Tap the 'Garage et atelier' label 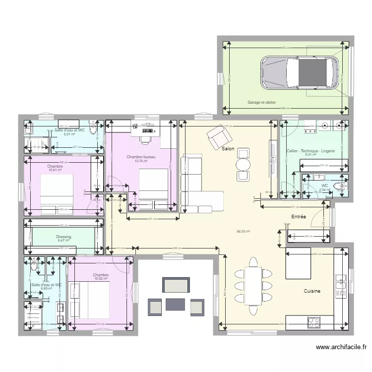pyautogui.click(x=261, y=103)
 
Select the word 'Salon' pyautogui.click(x=228, y=149)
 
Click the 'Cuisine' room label pyautogui.click(x=312, y=291)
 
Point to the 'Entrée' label pyautogui.click(x=298, y=217)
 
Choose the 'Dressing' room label pyautogui.click(x=63, y=237)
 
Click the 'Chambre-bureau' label pyautogui.click(x=141, y=157)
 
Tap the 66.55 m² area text pyautogui.click(x=243, y=231)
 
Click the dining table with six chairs pyautogui.click(x=253, y=285)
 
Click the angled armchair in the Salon pyautogui.click(x=216, y=136)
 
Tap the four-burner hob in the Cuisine pyautogui.click(x=313, y=322)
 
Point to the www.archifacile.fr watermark pyautogui.click(x=341, y=348)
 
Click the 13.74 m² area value pyautogui.click(x=141, y=161)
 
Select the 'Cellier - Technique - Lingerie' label pyautogui.click(x=311, y=151)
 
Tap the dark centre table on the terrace pyautogui.click(x=175, y=304)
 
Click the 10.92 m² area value pyautogui.click(x=101, y=279)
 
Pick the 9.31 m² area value pyautogui.click(x=311, y=155)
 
